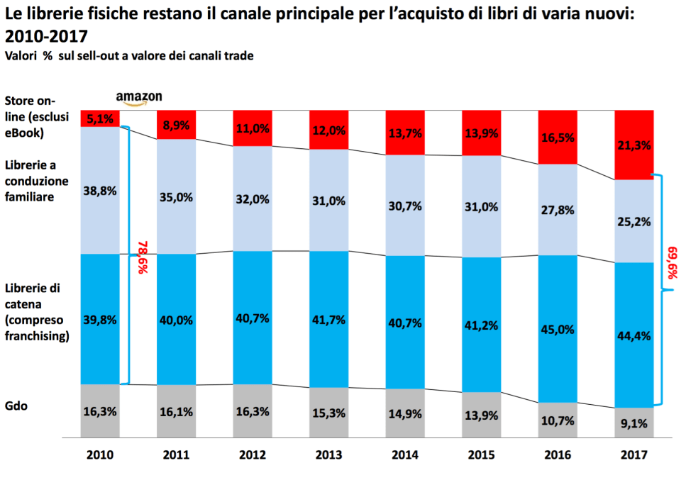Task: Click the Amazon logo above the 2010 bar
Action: pos(139,98)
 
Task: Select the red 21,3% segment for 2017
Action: pos(633,145)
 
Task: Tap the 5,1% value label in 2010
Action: pos(100,119)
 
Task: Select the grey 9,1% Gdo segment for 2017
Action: pos(633,423)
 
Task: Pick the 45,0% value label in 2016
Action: pos(557,328)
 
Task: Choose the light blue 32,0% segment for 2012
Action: pos(252,199)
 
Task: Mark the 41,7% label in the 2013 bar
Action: pos(328,320)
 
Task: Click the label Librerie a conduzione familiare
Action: pos(36,181)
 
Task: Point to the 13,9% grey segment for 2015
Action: pos(481,415)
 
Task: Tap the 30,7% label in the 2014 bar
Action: pos(404,206)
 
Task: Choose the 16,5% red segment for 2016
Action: pos(557,137)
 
